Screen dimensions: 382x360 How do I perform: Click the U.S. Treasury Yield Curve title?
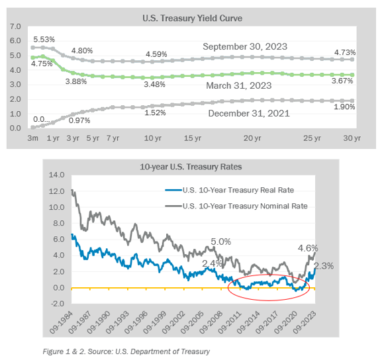(192, 19)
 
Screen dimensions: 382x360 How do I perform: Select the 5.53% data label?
(44, 39)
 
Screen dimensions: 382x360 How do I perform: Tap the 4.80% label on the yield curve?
(82, 51)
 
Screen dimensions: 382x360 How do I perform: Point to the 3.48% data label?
(154, 85)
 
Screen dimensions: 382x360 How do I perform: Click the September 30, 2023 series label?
(245, 46)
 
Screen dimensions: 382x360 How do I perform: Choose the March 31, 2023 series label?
(239, 85)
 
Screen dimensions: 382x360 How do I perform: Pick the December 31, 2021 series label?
(249, 113)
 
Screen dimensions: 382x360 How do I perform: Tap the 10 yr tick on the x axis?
(152, 138)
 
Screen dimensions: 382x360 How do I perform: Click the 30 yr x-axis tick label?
(352, 138)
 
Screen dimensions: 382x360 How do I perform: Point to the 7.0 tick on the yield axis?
(15, 26)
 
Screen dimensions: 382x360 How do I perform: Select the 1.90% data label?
(344, 107)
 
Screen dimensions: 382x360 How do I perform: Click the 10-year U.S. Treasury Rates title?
(191, 167)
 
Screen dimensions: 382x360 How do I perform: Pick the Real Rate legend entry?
(230, 190)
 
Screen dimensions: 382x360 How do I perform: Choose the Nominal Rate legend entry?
(236, 206)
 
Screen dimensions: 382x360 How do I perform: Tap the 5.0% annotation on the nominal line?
(220, 242)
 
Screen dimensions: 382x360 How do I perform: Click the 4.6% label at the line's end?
(308, 248)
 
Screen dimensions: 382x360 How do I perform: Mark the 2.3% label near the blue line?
(324, 266)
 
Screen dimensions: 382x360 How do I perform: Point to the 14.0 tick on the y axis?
(56, 175)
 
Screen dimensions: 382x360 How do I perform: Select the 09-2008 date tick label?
(211, 322)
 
